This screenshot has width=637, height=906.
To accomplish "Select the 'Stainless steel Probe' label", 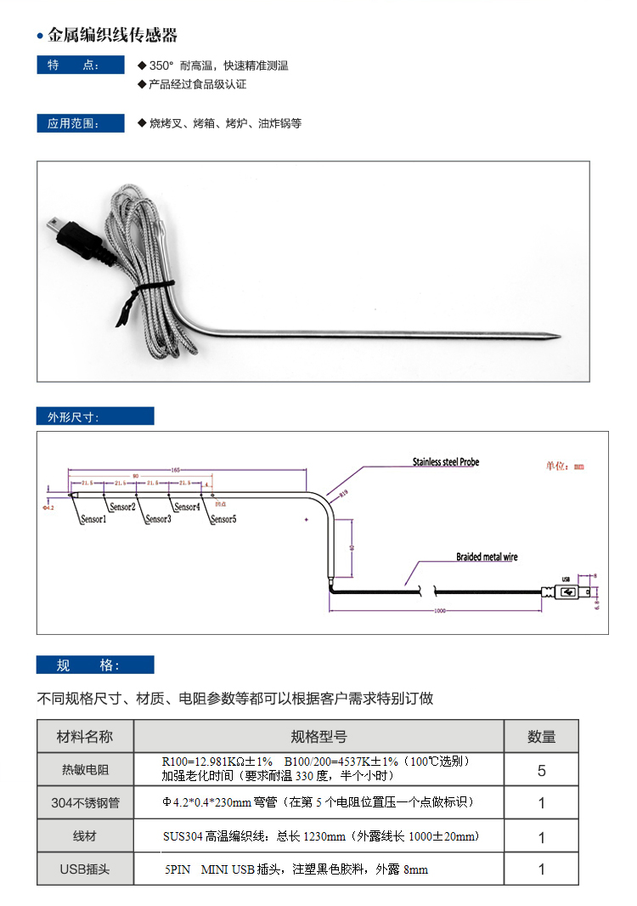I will coord(446,462).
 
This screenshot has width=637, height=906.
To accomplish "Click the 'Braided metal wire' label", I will coord(487,558).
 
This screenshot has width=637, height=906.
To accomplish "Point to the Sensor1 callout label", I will coord(93,518).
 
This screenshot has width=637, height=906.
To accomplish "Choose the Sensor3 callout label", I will coord(158,518).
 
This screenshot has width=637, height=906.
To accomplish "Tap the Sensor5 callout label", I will coord(223,518).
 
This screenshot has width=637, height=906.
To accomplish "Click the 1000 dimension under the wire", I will coord(439,610).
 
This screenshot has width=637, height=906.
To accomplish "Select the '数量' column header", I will coord(541,737).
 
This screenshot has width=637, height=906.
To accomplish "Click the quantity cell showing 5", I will coord(541,771).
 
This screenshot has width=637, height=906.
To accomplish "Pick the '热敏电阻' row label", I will coord(85,770).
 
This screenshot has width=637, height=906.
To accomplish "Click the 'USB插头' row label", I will coord(85,869).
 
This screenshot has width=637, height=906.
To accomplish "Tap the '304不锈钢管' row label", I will coord(85,802).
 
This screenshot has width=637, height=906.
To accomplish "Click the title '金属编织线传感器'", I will coord(112,36).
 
